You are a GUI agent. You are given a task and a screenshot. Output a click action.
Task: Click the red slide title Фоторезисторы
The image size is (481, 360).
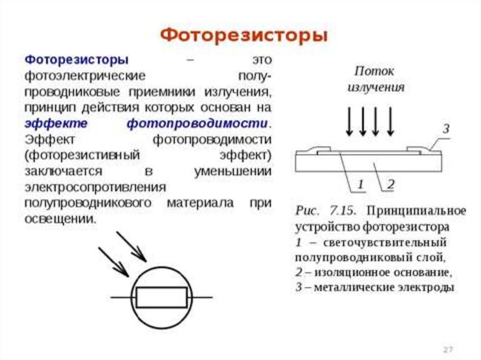pos(244,36)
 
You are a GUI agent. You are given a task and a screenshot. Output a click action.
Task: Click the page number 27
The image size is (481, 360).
pos(448,350)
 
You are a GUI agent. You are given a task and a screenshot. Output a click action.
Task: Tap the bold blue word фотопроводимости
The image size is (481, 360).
pos(197,124)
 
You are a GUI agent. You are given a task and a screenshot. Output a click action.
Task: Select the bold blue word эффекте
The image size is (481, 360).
pos(56,124)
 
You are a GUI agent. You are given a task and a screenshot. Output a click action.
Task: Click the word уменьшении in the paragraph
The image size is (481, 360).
pos(233,171)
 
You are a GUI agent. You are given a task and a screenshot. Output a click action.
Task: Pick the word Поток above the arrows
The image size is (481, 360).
pos(374,71)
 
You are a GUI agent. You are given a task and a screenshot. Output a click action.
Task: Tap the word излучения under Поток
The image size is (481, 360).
pos(376,88)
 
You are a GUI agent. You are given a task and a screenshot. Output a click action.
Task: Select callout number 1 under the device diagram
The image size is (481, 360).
pos(360,184)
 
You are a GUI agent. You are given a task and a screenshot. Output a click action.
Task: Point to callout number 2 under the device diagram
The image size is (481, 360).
pos(390,184)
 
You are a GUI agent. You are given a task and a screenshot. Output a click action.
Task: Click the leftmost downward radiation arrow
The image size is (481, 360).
pos(349,121)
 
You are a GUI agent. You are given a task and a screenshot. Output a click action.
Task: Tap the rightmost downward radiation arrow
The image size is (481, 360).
pos(390,121)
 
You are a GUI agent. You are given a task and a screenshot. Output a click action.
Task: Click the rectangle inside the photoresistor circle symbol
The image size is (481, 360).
pos(161,297)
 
